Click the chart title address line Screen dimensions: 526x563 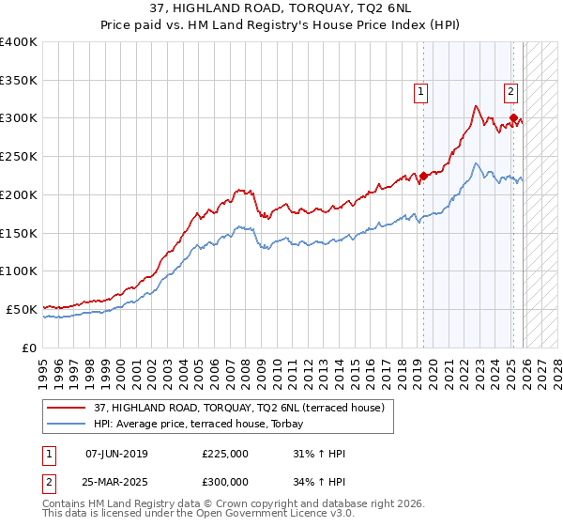click(281, 9)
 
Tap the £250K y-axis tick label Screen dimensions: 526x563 click(19, 157)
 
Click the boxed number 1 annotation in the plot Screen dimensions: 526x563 click(419, 92)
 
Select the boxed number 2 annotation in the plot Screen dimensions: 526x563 click(510, 92)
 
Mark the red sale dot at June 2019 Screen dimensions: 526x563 click(423, 175)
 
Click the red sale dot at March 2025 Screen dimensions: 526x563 click(513, 117)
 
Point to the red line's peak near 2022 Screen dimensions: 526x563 click(477, 106)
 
